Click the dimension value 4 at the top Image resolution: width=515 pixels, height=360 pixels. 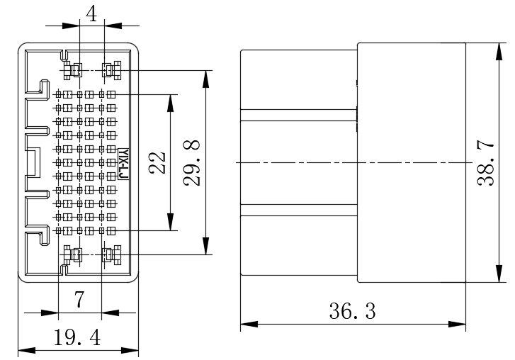[x=91, y=14]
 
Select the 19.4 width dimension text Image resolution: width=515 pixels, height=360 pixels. [x=77, y=337]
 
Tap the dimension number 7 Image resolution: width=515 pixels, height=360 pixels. [x=79, y=299]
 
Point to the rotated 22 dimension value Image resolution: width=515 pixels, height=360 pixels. [x=157, y=162]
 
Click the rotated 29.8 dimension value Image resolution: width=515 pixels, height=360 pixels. [x=192, y=163]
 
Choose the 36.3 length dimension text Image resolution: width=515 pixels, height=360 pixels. [x=352, y=311]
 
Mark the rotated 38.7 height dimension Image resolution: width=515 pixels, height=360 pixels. [x=485, y=163]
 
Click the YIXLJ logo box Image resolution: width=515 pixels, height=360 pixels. [x=123, y=164]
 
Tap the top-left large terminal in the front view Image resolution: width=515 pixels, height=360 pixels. [x=72, y=70]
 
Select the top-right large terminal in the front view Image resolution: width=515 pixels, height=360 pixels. [x=112, y=70]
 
